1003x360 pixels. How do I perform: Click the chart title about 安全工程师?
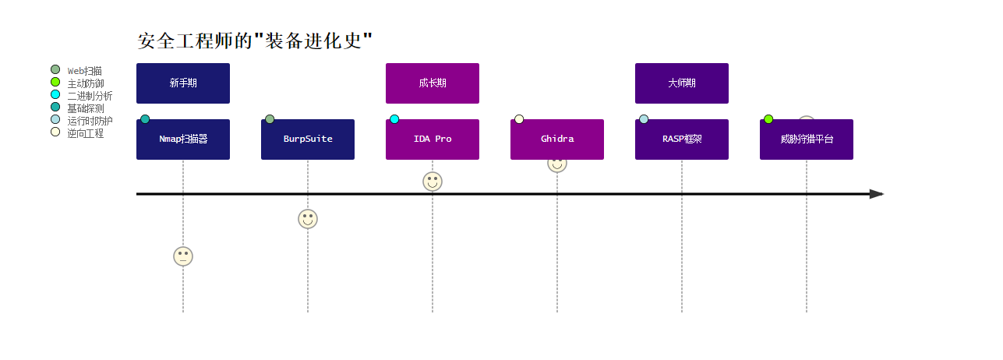click(x=255, y=41)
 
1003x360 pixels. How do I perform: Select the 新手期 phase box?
click(x=183, y=83)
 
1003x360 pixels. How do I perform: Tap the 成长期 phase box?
click(x=433, y=83)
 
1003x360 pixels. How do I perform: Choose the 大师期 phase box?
click(x=682, y=83)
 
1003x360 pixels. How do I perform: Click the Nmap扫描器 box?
click(x=183, y=139)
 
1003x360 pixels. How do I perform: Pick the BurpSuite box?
click(x=308, y=139)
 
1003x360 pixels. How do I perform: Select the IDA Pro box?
click(x=433, y=139)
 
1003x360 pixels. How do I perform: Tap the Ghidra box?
click(x=557, y=139)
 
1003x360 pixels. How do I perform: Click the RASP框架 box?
click(x=682, y=139)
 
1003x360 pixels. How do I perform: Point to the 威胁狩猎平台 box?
click(x=807, y=139)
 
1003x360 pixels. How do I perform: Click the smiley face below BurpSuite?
click(x=308, y=219)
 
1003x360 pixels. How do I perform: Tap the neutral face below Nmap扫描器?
click(x=183, y=256)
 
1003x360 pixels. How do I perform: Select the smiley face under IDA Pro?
click(x=433, y=182)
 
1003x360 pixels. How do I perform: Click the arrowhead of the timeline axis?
click(x=877, y=194)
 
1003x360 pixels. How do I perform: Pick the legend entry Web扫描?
click(x=84, y=71)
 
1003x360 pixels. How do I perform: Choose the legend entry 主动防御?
click(x=85, y=83)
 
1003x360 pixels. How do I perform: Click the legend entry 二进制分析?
click(x=89, y=96)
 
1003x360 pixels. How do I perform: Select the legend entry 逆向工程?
click(x=85, y=133)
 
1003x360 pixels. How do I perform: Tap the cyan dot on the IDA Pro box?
click(x=394, y=119)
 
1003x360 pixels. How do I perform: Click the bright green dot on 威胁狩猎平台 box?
click(x=768, y=119)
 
